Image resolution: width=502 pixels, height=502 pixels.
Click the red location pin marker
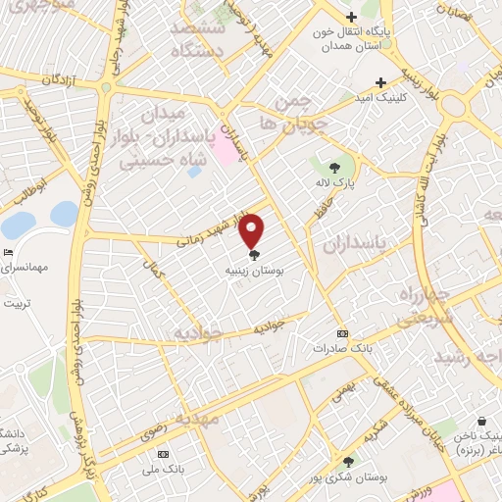[x=253, y=231]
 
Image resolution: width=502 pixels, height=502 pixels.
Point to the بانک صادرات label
[x=341, y=348]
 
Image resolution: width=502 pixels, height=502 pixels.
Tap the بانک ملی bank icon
[x=163, y=455]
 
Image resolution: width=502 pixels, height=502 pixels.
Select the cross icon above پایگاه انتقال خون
[x=352, y=16]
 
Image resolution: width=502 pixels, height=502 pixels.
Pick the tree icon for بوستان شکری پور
[x=348, y=462]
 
